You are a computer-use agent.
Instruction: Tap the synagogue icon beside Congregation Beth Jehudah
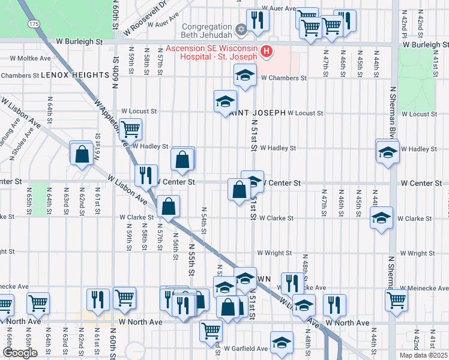241,28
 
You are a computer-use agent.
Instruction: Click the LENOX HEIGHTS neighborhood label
71,75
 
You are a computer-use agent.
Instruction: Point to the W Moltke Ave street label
30,58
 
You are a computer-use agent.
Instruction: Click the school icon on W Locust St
225,101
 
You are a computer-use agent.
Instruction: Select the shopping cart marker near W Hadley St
130,128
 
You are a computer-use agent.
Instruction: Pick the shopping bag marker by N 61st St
80,154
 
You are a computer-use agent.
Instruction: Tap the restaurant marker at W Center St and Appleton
145,175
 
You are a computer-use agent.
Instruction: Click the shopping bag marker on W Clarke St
169,206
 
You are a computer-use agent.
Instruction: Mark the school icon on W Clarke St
381,218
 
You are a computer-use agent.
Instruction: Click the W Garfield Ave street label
246,349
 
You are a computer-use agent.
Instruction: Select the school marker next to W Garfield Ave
281,343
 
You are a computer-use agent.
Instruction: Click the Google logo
20,352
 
